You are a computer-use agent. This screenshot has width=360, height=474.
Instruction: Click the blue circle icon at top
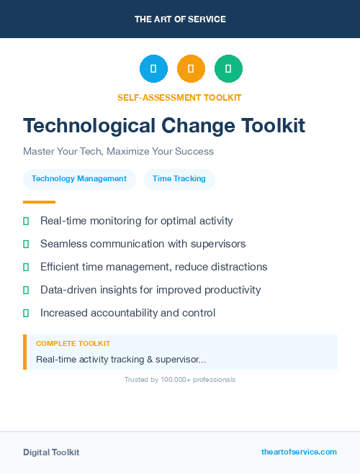click(x=153, y=68)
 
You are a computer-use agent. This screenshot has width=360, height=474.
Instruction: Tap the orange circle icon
click(x=191, y=68)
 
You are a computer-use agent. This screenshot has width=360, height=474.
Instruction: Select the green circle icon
click(x=228, y=68)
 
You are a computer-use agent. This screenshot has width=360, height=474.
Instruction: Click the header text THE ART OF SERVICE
click(x=180, y=19)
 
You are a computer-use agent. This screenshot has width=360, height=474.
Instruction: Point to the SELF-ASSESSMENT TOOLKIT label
click(x=179, y=97)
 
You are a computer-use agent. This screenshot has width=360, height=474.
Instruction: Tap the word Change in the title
click(x=197, y=126)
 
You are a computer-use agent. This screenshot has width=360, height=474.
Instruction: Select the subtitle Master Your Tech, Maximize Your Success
click(x=118, y=152)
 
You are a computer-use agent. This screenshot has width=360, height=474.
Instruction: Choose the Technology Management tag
click(x=79, y=179)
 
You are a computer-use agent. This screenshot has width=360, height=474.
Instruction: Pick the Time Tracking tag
click(x=179, y=179)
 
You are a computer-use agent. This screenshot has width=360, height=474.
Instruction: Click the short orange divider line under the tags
click(x=39, y=202)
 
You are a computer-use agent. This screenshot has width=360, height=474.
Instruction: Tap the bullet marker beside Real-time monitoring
click(x=26, y=221)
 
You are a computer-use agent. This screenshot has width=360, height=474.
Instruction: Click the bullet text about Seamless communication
click(x=143, y=244)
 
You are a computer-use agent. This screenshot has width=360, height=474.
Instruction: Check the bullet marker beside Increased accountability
click(x=26, y=313)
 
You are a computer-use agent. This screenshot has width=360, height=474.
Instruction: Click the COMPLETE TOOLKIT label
click(x=73, y=344)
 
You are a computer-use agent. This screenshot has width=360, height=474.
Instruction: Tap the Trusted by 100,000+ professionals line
click(x=180, y=379)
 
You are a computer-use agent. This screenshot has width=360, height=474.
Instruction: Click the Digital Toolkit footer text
click(x=51, y=452)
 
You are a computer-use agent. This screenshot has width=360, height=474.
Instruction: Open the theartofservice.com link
click(x=299, y=452)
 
